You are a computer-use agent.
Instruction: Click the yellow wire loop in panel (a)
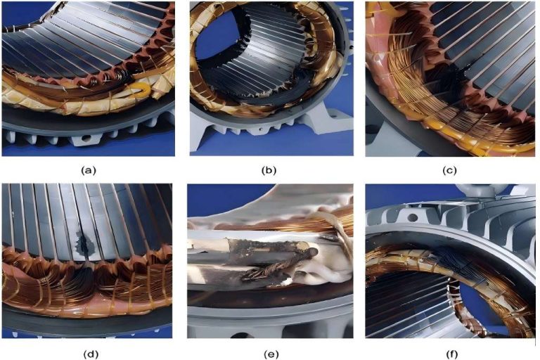coord(138,88)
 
